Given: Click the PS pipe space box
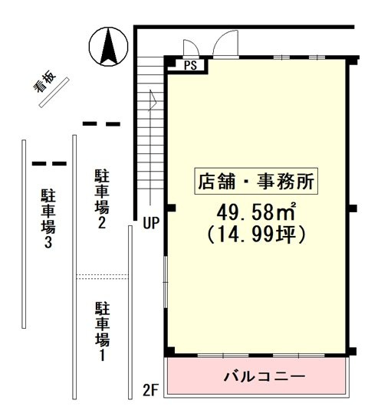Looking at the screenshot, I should coord(190,66).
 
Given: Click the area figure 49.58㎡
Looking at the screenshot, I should coord(258,212).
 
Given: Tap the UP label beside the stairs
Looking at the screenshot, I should coord(151,224).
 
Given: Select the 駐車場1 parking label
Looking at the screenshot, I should coord(101,332).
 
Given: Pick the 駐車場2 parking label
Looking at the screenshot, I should coord(101,199).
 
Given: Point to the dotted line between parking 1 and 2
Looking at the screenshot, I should coord(101,275).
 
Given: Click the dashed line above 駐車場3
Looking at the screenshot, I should coord(48,163).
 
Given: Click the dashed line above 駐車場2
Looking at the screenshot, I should coord(101,123).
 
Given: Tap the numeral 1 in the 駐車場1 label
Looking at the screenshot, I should coord(101,355).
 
